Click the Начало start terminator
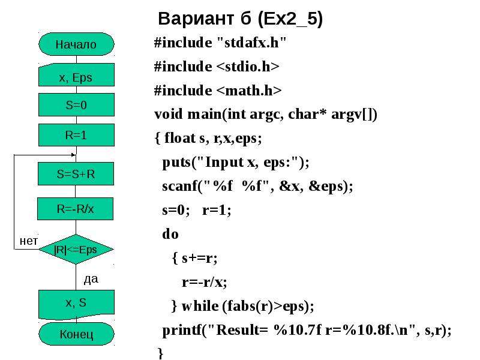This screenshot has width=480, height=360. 76,44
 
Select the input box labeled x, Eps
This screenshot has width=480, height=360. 76,74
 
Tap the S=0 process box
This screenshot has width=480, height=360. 76,105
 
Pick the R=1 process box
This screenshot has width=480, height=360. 76,135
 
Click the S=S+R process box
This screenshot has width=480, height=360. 76,174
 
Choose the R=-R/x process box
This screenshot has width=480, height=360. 76,209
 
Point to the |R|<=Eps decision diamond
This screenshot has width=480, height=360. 76,249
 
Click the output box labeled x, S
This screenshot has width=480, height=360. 76,304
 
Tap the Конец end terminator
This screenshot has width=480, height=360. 76,334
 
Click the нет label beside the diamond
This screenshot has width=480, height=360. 29,241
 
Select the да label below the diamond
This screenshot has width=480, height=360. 91,279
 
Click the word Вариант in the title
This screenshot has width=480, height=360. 196,19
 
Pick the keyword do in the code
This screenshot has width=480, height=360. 170,234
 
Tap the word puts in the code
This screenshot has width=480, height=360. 176,163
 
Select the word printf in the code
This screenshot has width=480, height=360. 182,331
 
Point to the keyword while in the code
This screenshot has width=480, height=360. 200,306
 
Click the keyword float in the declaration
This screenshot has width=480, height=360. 179,138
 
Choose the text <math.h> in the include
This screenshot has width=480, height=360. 249,91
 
